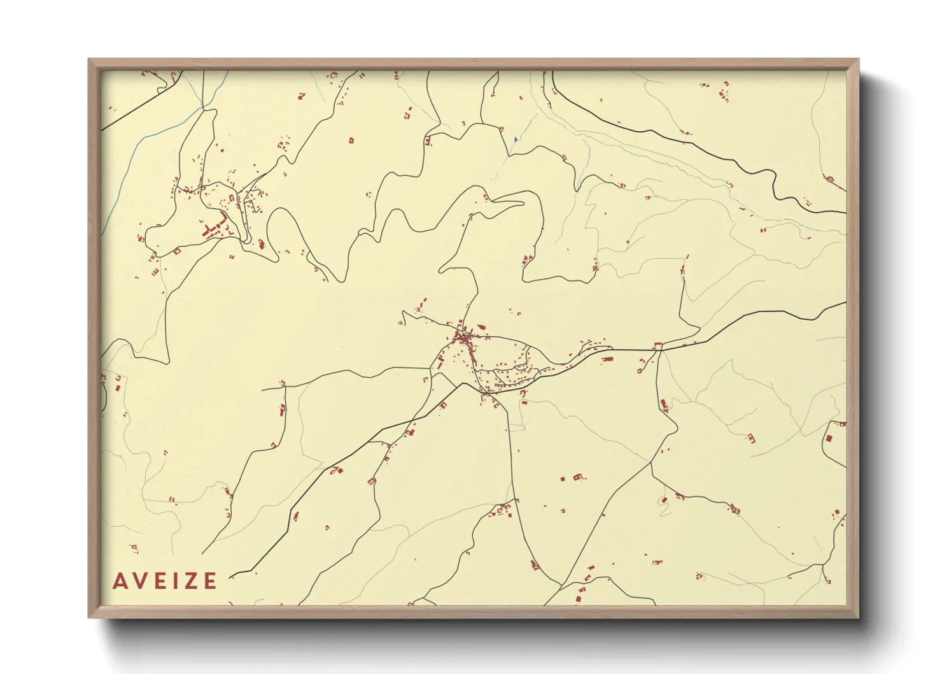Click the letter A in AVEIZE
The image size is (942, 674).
[x=119, y=581]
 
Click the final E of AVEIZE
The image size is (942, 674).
[x=210, y=581]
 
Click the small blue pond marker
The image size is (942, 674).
[x=516, y=138]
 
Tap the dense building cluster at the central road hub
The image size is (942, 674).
[x=465, y=337]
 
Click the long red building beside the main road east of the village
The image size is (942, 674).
[x=607, y=360]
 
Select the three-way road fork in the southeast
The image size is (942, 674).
[x=650, y=466]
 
